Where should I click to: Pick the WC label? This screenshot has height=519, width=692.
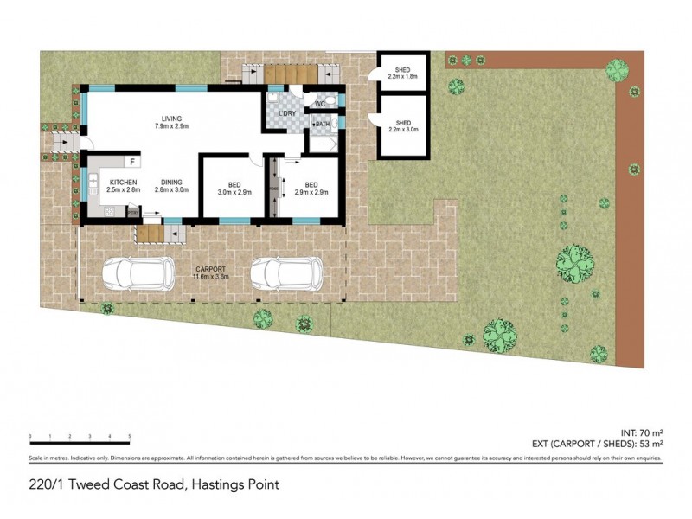click(319, 105)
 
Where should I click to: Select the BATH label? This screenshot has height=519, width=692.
click(322, 125)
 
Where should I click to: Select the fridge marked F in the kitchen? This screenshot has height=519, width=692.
click(132, 161)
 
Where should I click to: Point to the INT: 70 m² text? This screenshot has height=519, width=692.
click(644, 432)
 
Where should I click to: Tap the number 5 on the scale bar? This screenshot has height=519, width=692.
click(130, 436)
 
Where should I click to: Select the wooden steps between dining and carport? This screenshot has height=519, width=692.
click(150, 234)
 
